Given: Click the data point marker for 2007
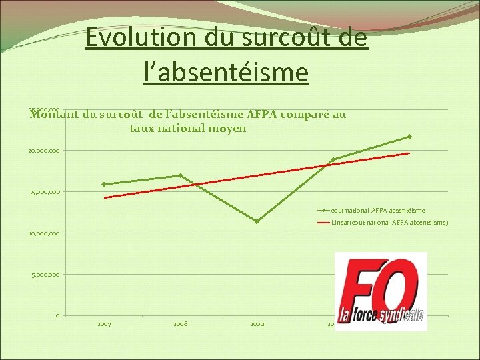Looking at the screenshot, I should pos(104,184).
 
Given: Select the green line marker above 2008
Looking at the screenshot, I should pos(181,175).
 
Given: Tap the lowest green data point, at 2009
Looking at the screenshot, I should pos(257,221).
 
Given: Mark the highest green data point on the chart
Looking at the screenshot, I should pos(409,137).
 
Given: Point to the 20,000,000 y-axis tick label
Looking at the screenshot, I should pos(43,151).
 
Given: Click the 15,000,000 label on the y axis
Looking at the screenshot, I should pos(43,193).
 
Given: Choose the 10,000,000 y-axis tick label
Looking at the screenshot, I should pos(43,233).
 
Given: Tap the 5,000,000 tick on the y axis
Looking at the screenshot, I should pos(45,275).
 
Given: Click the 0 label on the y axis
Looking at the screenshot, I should pos(58,315).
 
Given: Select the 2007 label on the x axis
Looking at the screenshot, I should pos(104,324).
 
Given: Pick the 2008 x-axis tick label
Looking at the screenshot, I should pos(180,324).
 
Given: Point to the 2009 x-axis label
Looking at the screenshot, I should pos(257,324).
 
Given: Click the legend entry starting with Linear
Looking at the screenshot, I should pos(390,222).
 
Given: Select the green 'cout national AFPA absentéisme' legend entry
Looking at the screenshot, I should pos(377,211).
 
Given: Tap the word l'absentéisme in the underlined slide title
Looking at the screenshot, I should pos(226,71).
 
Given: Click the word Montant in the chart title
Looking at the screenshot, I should pos(55,115).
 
